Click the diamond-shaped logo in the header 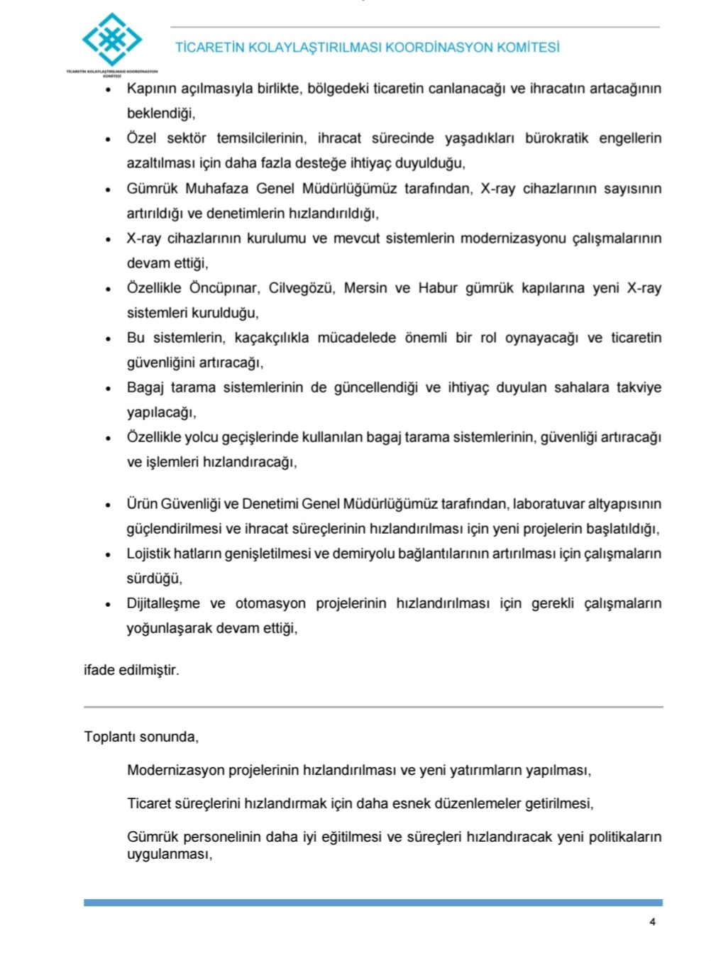pyautogui.click(x=111, y=40)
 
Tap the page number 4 pyautogui.click(x=652, y=922)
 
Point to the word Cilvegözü pyautogui.click(x=302, y=288)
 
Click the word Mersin pyautogui.click(x=365, y=288)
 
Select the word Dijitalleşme pyautogui.click(x=163, y=603)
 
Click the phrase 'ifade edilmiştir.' pyautogui.click(x=131, y=670)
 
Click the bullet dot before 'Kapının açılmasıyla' pyautogui.click(x=108, y=90)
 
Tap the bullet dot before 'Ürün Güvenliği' pyautogui.click(x=108, y=505)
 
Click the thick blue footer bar pyautogui.click(x=373, y=903)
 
